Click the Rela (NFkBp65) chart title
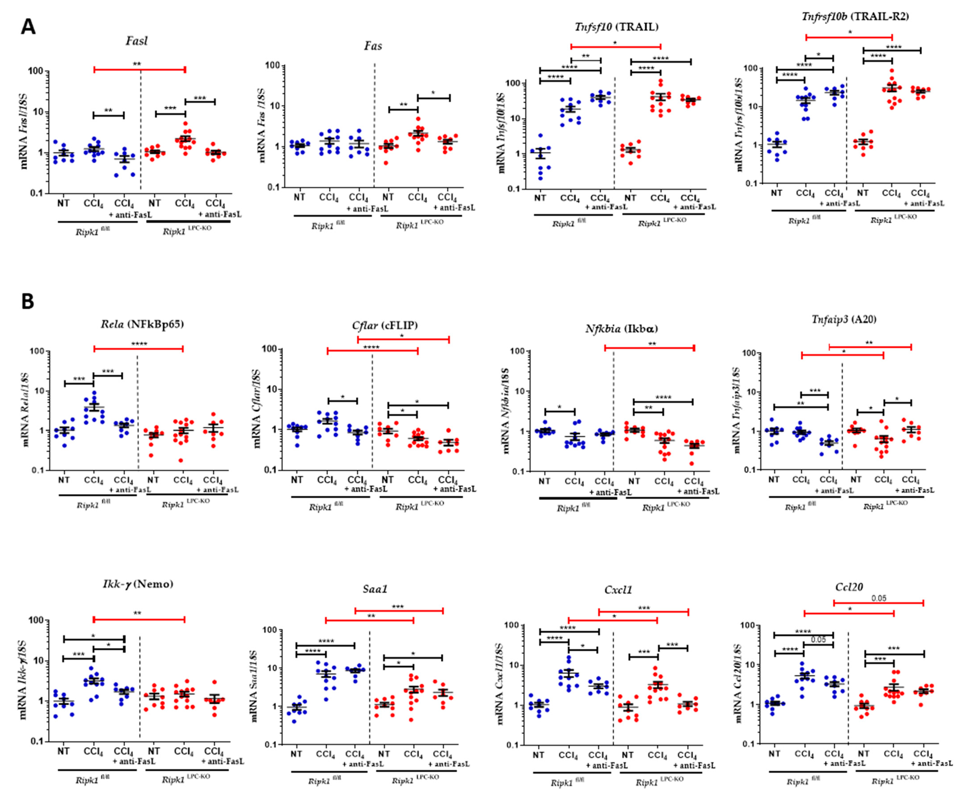click(142, 324)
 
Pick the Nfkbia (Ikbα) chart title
click(621, 329)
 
